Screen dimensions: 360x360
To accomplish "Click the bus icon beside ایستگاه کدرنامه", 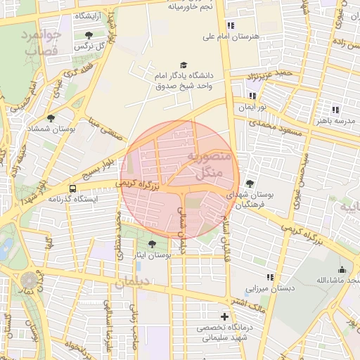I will click(x=73, y=188).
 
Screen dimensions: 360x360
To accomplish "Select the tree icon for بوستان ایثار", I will click(x=153, y=243).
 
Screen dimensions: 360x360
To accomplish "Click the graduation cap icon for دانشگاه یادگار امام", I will click(x=184, y=65).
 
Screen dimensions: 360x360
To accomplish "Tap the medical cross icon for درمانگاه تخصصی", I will click(x=224, y=316).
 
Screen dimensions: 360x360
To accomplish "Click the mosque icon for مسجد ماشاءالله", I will click(x=342, y=269).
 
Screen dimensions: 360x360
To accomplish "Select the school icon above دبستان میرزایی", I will click(x=270, y=278).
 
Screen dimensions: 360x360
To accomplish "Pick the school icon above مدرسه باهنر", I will click(x=335, y=110).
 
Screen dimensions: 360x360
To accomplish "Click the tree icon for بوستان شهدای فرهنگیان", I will click(x=250, y=184).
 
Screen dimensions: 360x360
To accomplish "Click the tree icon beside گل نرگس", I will click(x=88, y=35).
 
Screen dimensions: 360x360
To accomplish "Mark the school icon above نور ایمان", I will click(x=252, y=96).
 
